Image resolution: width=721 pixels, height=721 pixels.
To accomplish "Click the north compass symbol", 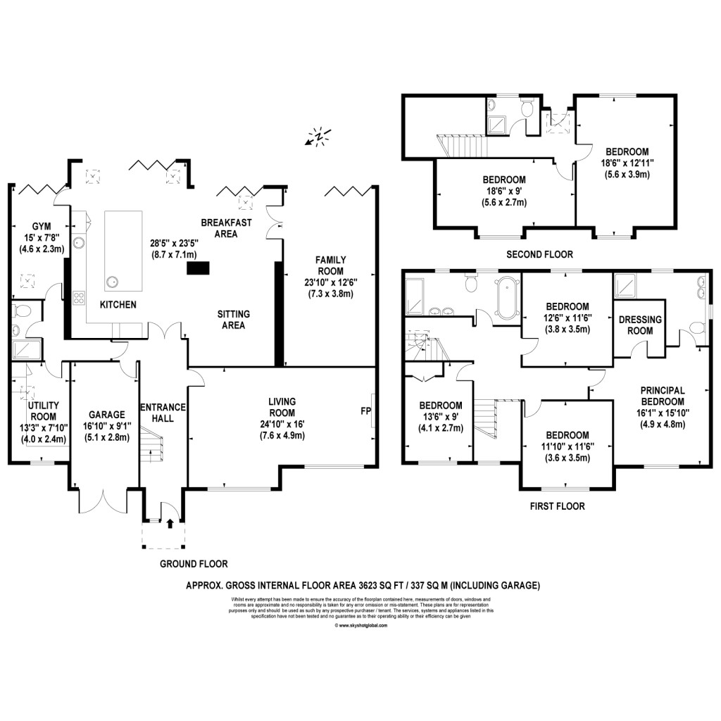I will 318,136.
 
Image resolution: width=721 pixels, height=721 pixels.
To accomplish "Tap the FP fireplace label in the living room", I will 365,409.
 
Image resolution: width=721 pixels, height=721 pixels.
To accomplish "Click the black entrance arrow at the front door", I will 170,522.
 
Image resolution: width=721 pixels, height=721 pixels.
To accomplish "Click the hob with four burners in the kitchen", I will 79,298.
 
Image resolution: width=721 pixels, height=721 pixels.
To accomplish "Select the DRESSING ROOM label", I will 639,325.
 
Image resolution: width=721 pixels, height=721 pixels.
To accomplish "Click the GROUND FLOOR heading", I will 194,563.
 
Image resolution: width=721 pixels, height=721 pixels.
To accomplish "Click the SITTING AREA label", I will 233,320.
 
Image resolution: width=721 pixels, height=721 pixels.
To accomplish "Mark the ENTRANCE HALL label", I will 163,413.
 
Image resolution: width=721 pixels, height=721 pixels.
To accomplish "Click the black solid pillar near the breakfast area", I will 198,268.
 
